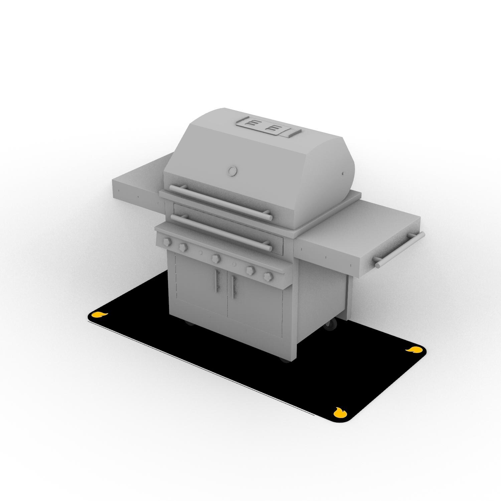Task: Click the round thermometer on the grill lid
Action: pyautogui.click(x=231, y=171)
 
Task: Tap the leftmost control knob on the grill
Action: pyautogui.click(x=166, y=241)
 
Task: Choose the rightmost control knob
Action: pyautogui.click(x=268, y=276)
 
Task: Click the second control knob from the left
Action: pyautogui.click(x=183, y=247)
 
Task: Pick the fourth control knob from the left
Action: pyautogui.click(x=250, y=270)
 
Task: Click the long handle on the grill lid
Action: pyautogui.click(x=220, y=202)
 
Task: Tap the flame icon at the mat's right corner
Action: pyautogui.click(x=413, y=349)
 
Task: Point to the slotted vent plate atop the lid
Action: pyautogui.click(x=267, y=128)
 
